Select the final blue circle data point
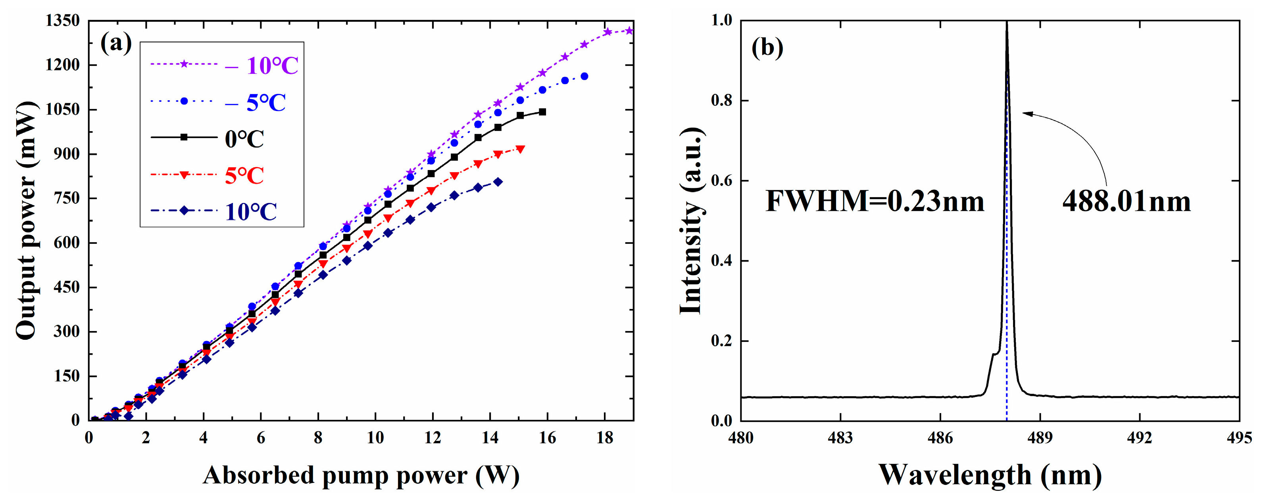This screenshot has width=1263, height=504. coord(584,77)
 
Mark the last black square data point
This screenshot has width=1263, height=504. coord(542,112)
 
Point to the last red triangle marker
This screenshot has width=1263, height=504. coord(520,149)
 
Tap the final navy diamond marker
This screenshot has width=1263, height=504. coord(498,182)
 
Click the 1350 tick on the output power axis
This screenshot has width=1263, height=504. coord(62,21)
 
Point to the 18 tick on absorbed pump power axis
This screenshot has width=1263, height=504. coord(605,437)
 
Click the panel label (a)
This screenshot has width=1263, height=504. coord(116,43)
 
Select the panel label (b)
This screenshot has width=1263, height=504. coord(767,48)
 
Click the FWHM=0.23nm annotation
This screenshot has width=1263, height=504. coord(875,201)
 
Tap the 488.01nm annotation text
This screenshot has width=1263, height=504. coord(1127,201)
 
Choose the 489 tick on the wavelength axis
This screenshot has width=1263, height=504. coord(1040,437)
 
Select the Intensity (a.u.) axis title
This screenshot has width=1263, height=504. coord(692,220)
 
